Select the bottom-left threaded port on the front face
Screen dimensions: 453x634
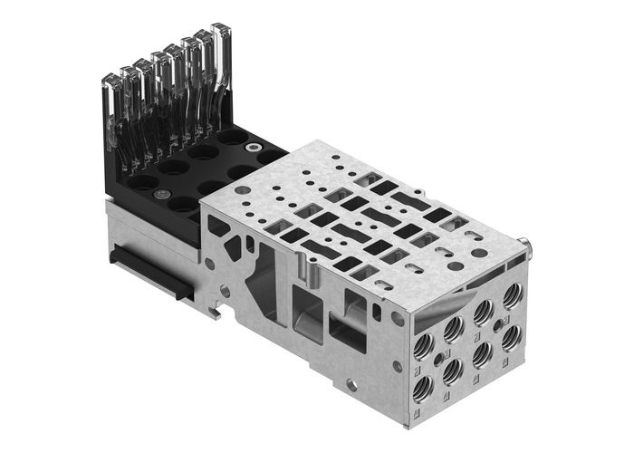tap(424, 389)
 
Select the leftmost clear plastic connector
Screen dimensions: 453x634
tap(111, 118)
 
